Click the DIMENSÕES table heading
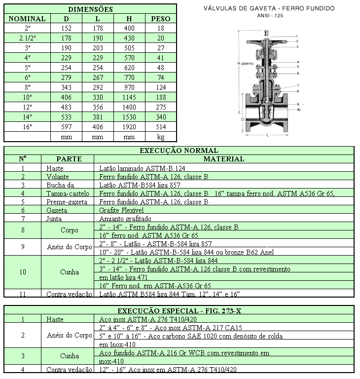tap(90, 9)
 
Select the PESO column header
tap(161, 19)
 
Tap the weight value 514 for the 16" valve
tap(161, 127)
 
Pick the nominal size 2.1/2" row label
tap(28, 38)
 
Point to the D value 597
tap(67, 127)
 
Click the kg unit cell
tap(161, 137)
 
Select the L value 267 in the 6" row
tap(98, 78)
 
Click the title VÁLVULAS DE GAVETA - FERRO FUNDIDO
tap(269, 8)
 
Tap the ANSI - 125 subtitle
tap(270, 15)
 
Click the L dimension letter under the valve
tap(267, 134)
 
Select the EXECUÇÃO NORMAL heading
tap(179, 151)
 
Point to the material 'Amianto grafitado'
tap(125, 218)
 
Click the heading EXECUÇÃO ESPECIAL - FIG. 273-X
tap(179, 310)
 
